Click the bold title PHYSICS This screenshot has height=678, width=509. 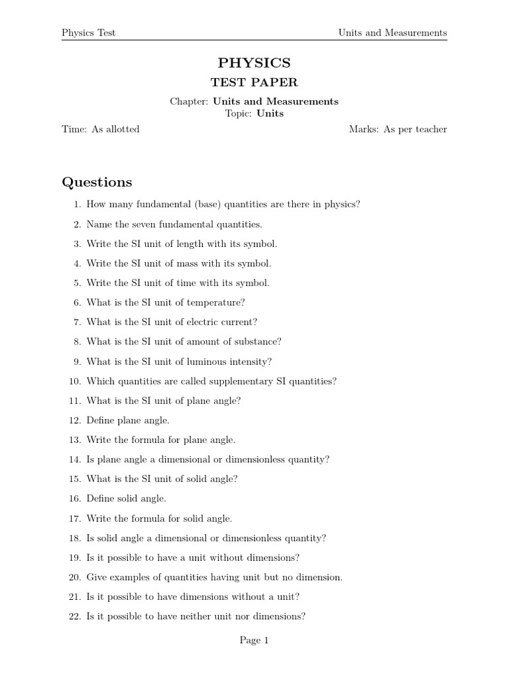click(254, 63)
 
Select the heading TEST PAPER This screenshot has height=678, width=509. click(254, 83)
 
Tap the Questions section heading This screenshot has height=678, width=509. click(97, 182)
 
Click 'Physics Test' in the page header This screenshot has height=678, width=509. click(88, 32)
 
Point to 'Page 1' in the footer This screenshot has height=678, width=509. click(254, 640)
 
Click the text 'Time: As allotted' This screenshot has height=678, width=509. click(101, 129)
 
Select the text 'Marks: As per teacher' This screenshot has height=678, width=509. click(398, 129)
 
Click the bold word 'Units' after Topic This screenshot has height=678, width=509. click(270, 113)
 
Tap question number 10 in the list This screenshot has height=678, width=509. click(74, 381)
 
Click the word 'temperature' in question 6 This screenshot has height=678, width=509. click(217, 303)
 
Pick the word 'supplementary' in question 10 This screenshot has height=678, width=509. click(238, 381)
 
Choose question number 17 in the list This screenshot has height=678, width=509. click(74, 518)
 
